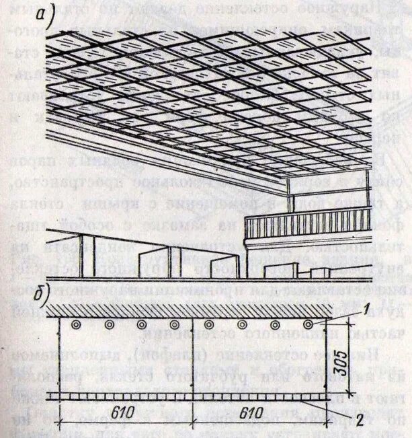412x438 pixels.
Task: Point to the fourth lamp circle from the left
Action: pyautogui.click(x=174, y=325)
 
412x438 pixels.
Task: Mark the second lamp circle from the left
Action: pyautogui.click(x=110, y=325)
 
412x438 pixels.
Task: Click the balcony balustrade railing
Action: pyautogui.click(x=306, y=223)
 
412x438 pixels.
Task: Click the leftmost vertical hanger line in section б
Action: pyautogui.click(x=60, y=357)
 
